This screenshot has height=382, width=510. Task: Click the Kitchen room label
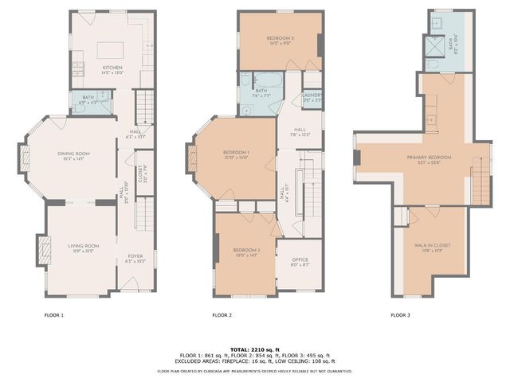point(112,68)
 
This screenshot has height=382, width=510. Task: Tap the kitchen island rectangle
point(111,52)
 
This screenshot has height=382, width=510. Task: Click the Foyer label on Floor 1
point(135,257)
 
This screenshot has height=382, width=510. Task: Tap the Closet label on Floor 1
point(141,179)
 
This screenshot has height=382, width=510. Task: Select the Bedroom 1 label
point(236,153)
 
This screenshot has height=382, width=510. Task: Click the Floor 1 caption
point(53,315)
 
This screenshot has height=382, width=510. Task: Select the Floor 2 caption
point(222,315)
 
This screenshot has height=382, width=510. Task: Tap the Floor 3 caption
point(400,315)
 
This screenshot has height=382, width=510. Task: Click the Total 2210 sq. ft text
point(254,349)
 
